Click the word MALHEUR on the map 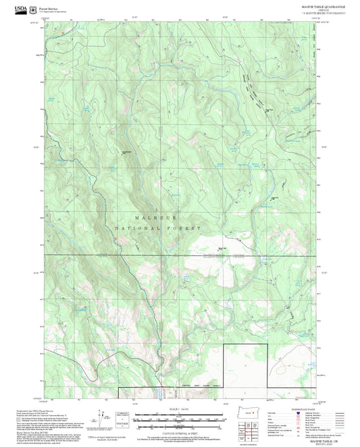151,218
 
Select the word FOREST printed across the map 186,229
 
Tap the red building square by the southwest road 96,369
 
